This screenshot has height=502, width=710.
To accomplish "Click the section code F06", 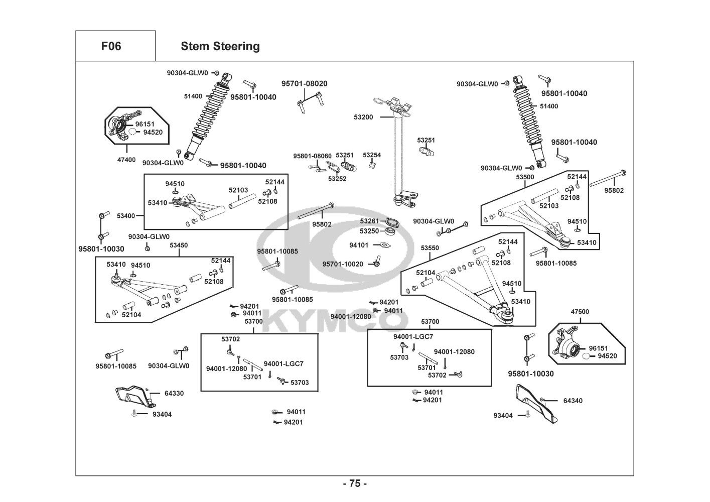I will point(111,46).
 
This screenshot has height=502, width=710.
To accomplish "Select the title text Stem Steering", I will point(220,46).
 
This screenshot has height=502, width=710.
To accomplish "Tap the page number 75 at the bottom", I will point(355,483).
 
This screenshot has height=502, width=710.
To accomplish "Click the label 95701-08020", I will point(304,84).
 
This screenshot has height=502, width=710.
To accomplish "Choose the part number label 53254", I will point(372,155).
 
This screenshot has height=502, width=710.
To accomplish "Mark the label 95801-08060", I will point(312,156).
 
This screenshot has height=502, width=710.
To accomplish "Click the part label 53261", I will point(369,221).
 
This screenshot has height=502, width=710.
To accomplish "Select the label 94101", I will point(359,245).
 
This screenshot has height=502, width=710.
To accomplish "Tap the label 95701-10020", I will point(343,264).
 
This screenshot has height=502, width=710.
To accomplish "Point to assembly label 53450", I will point(179,245).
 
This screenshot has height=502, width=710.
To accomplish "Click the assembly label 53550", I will point(430,248).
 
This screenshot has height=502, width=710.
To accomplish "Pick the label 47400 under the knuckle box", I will point(126,160).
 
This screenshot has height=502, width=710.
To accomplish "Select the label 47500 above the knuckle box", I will point(580,312).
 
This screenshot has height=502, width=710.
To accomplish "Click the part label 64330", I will point(175,394).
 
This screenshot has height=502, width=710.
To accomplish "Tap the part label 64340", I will point(573,401).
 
